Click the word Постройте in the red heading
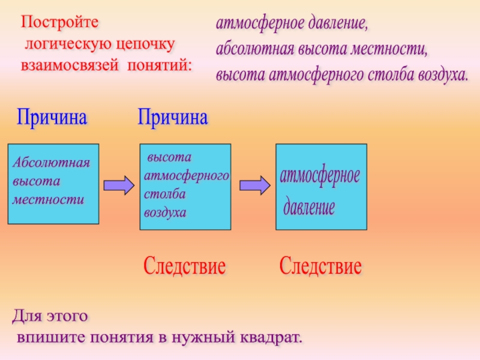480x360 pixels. coord(58,23)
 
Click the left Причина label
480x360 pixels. coord(52,116)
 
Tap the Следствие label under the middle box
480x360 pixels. coord(185,266)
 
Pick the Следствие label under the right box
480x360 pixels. coord(321,266)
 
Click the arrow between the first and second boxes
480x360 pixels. coord(118,185)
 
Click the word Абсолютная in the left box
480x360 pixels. coord(52,163)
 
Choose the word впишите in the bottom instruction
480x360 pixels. coord(50,337)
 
